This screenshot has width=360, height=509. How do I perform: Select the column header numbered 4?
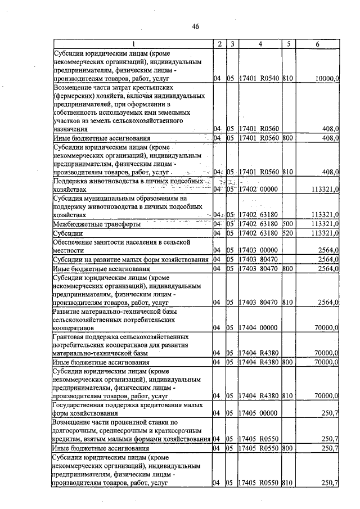(x=259, y=44)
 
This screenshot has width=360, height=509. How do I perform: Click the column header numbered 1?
(x=133, y=44)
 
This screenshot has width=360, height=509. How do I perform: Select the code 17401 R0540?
(x=259, y=79)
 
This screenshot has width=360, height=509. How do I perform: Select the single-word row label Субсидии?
(x=67, y=233)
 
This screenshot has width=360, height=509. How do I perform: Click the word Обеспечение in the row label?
(x=75, y=241)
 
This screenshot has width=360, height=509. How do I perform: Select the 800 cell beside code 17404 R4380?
(x=289, y=362)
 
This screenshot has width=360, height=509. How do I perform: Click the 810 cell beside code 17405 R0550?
(x=289, y=483)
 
